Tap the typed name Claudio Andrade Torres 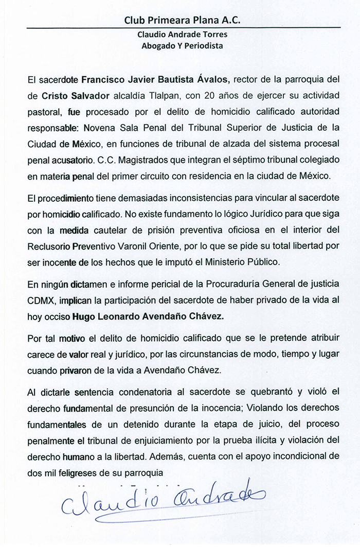(183, 34)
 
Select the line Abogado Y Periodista (183, 45)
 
